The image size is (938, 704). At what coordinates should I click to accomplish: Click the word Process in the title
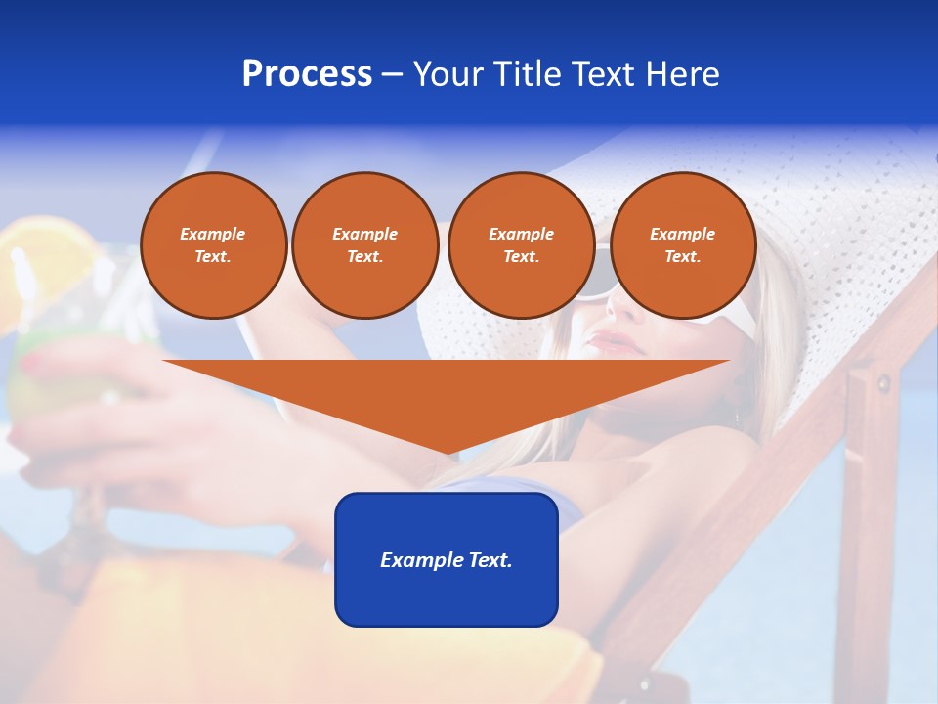[307, 74]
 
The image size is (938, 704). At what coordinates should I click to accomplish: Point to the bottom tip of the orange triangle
[448, 451]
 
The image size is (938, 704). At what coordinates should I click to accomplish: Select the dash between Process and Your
[393, 74]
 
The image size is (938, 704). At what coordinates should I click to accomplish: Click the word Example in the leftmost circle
[213, 234]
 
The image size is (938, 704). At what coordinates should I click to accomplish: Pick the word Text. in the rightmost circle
[682, 256]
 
